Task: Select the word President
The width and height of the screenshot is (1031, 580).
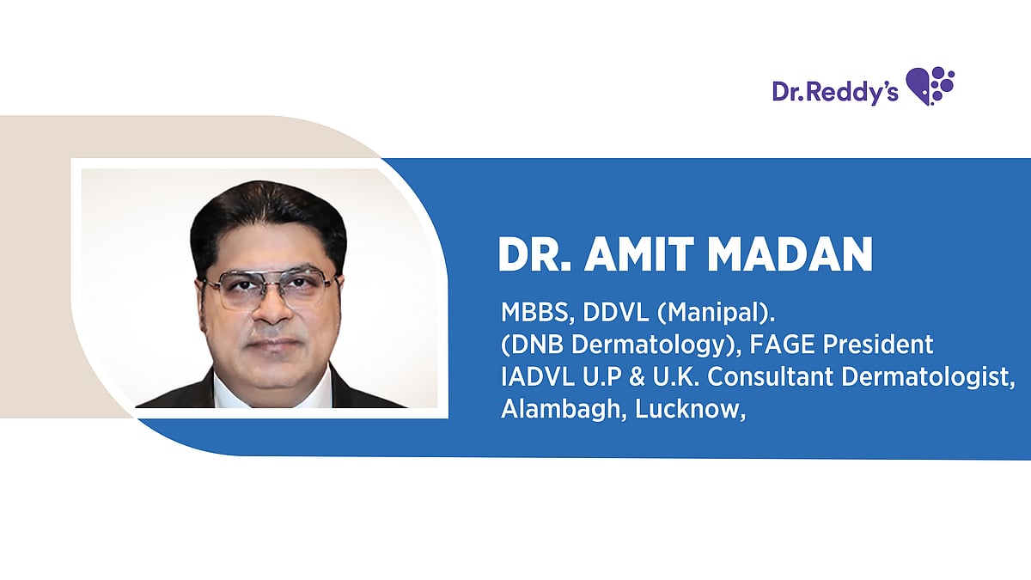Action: [x=883, y=345]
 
